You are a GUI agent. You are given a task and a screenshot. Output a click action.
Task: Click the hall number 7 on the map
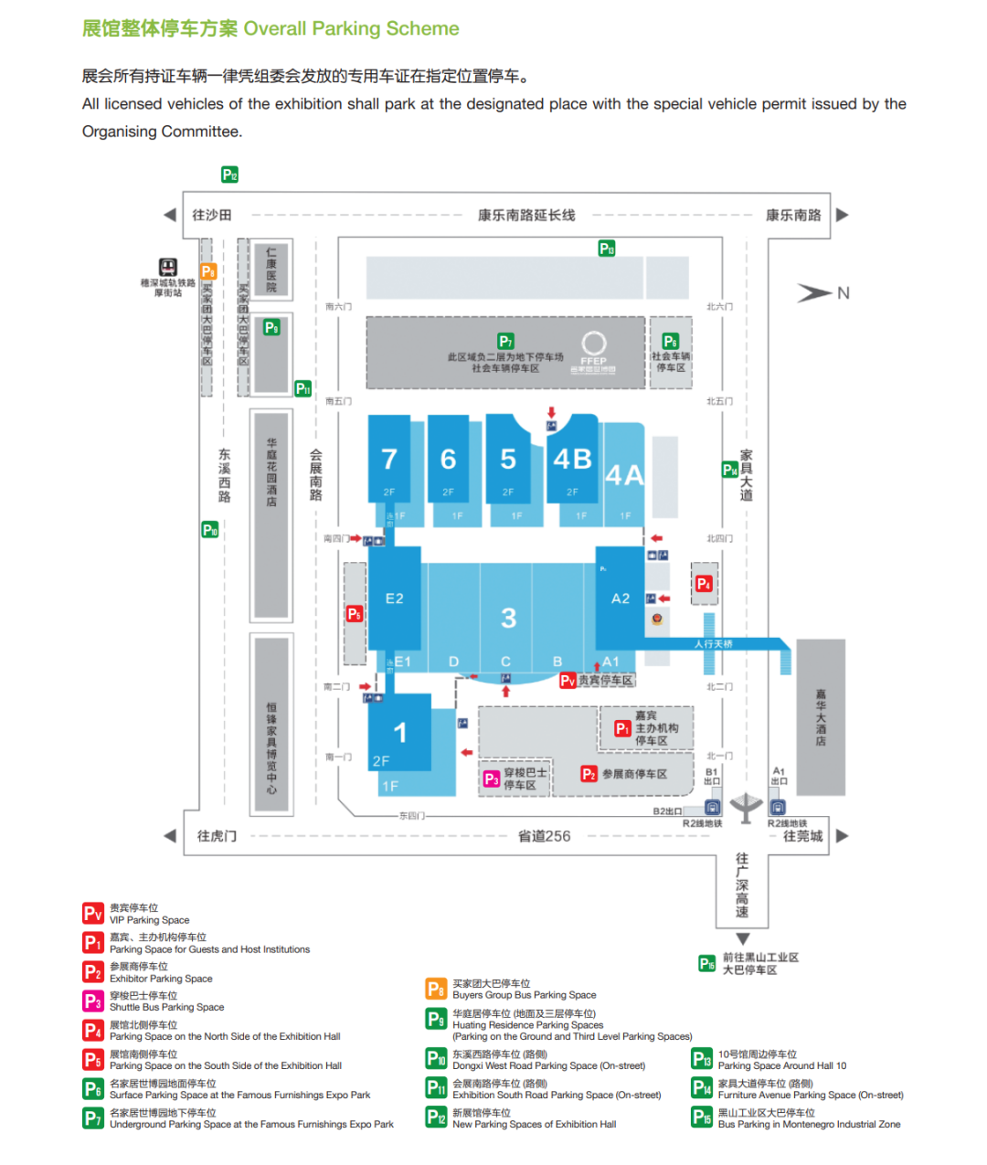(x=389, y=459)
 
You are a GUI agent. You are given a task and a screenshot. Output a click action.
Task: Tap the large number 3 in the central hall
(x=508, y=619)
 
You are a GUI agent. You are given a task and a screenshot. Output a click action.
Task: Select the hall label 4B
(x=572, y=459)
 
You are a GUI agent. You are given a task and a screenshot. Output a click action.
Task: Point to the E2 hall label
(x=394, y=598)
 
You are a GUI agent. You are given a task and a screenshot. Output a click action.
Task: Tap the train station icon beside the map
(x=168, y=267)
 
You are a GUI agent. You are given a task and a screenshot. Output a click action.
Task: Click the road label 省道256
(x=544, y=836)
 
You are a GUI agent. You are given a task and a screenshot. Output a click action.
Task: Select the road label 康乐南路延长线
(x=526, y=216)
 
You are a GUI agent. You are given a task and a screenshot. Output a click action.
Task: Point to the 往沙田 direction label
(x=211, y=216)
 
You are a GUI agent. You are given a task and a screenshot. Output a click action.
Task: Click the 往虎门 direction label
(x=217, y=836)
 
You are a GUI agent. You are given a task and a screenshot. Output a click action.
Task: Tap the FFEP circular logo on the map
(x=594, y=344)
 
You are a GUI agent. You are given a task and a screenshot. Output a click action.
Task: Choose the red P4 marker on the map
(x=703, y=584)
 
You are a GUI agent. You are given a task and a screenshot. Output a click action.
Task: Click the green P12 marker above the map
(x=229, y=175)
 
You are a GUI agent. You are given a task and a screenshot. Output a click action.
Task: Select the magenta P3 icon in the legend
(x=92, y=1001)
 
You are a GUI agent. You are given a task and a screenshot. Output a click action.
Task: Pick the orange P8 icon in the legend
(x=436, y=989)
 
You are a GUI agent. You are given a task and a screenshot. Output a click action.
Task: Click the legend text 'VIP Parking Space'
(x=150, y=920)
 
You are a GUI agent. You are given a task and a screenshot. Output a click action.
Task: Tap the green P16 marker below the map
(x=706, y=963)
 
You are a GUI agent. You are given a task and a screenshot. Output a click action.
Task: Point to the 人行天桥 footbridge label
(x=713, y=644)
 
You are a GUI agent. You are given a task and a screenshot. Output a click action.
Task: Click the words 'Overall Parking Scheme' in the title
(x=352, y=28)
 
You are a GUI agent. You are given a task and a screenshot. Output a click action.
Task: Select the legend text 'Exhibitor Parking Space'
(x=161, y=979)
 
